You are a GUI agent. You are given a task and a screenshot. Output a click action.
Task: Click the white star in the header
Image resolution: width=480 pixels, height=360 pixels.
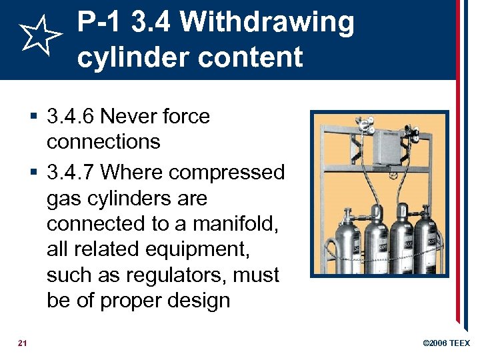tap(39, 38)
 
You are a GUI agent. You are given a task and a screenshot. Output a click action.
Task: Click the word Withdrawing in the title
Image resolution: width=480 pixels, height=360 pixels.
tap(267, 22)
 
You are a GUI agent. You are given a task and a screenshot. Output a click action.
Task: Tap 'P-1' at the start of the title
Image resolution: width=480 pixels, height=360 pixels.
tap(100, 22)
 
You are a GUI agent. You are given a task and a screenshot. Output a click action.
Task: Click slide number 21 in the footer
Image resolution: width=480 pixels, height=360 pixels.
tap(23, 343)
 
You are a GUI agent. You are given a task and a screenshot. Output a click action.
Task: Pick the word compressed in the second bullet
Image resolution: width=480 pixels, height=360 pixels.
tap(227, 172)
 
